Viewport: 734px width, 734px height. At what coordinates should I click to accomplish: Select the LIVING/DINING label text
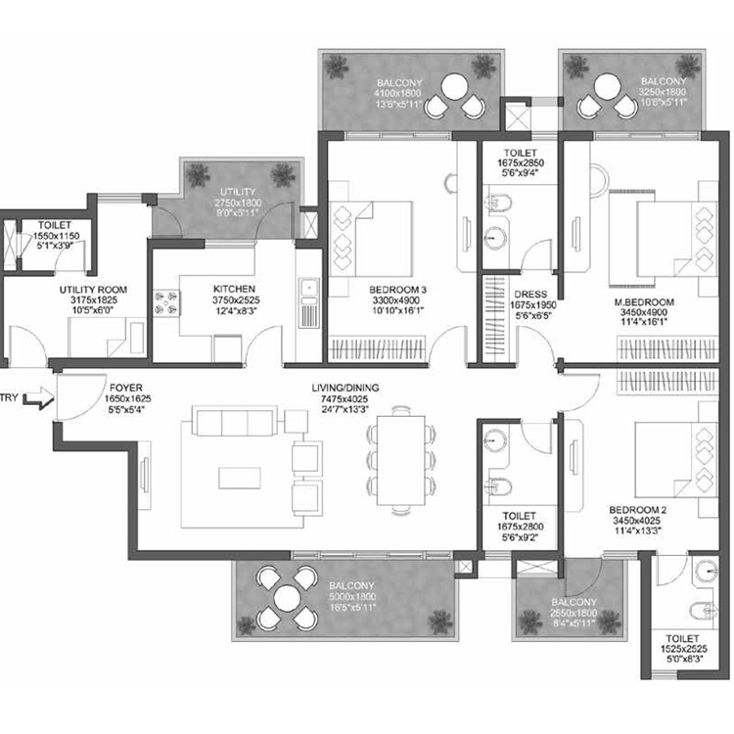[x=342, y=388]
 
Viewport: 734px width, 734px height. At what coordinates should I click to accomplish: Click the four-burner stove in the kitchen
[x=163, y=302]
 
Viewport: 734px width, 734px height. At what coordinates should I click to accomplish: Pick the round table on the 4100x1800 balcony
[x=454, y=93]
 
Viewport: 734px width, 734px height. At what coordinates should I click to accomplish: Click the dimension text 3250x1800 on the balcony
[x=664, y=91]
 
